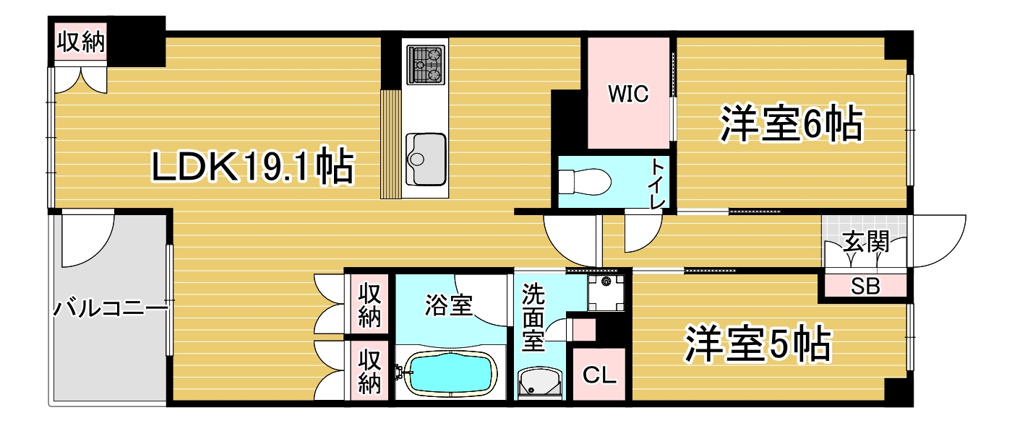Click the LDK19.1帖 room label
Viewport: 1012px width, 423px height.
coord(252,167)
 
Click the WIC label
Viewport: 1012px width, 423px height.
coord(627,94)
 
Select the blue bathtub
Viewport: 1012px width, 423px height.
coord(448,375)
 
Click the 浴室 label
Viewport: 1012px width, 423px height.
coord(448,306)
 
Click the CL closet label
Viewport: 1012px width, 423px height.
coord(599,375)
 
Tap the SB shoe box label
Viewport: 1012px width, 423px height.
coord(865,287)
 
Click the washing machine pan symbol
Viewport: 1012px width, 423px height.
coord(606,292)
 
